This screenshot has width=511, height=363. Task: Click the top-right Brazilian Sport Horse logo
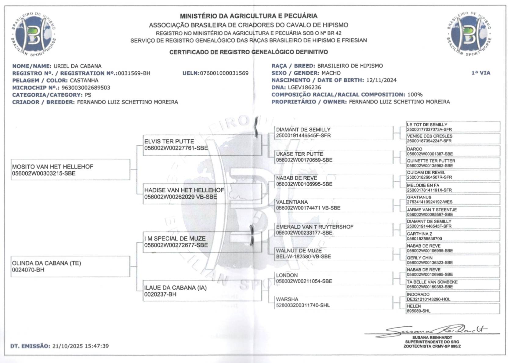[x=469, y=34]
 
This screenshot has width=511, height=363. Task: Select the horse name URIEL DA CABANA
[x=77, y=66]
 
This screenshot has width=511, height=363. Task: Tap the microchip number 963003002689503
[x=86, y=88]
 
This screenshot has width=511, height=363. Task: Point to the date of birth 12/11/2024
[x=381, y=80]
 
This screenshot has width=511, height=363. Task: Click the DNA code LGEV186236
[x=304, y=87]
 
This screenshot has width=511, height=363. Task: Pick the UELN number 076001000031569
[x=224, y=73]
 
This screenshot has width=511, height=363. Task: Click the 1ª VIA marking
[x=481, y=73]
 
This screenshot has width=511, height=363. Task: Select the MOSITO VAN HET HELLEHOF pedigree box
[x=71, y=170]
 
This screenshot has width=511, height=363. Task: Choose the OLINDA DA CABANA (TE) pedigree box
[x=71, y=266]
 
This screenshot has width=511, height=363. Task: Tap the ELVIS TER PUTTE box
[x=202, y=145]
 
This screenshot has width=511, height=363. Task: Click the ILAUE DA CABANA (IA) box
[x=202, y=291]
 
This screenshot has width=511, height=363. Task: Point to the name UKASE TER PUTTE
[x=299, y=154]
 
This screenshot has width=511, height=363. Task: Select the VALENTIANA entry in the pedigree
[x=292, y=202]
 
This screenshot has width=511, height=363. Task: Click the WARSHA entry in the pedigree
[x=287, y=299]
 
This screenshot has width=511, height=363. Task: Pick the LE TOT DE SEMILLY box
[x=453, y=127]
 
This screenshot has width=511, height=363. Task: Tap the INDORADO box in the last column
[x=453, y=297]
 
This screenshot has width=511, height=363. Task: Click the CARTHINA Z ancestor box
[x=453, y=236]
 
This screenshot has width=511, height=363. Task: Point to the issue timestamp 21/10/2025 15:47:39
[x=81, y=346]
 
